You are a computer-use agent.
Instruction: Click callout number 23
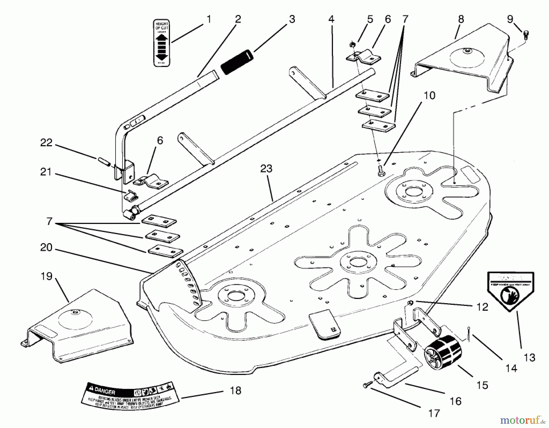tap(266, 169)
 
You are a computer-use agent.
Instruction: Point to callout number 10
tap(429, 95)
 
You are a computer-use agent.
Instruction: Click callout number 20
tap(46, 248)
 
